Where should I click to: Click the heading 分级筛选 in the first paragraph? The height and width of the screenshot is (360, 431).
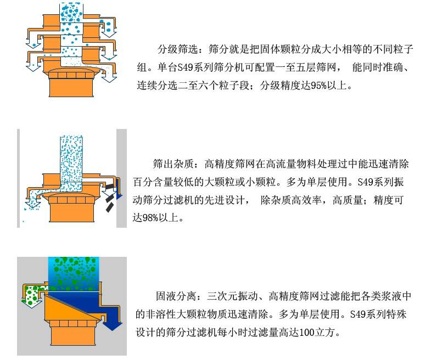click(177, 49)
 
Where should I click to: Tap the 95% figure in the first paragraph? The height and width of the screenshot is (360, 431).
click(319, 86)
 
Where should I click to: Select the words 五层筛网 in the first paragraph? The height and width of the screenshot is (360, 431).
click(316, 67)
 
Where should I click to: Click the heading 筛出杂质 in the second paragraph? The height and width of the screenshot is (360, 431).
click(173, 164)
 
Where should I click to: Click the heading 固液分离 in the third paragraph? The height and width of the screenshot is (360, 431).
click(176, 296)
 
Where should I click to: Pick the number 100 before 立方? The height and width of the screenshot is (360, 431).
click(307, 332)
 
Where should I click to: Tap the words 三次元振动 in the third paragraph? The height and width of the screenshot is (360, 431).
click(232, 296)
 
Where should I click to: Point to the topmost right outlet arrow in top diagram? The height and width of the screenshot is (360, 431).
click(109, 29)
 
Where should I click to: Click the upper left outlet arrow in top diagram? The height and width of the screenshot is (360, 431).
click(33, 38)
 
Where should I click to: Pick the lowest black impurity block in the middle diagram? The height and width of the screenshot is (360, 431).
click(110, 207)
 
